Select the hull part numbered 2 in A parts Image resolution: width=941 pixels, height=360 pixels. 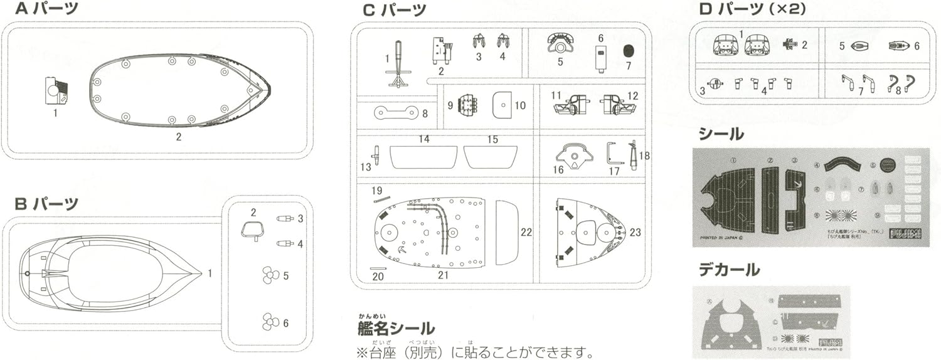(179, 90)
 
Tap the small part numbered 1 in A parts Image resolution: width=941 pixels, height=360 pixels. (56, 90)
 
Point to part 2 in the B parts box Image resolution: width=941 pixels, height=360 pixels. (252, 231)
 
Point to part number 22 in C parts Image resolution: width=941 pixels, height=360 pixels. (507, 232)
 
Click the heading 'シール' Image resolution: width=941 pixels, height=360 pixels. (721, 134)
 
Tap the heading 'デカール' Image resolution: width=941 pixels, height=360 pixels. (729, 270)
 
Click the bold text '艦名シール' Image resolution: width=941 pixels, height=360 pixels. (396, 328)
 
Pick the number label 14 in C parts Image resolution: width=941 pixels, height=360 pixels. (424, 139)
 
